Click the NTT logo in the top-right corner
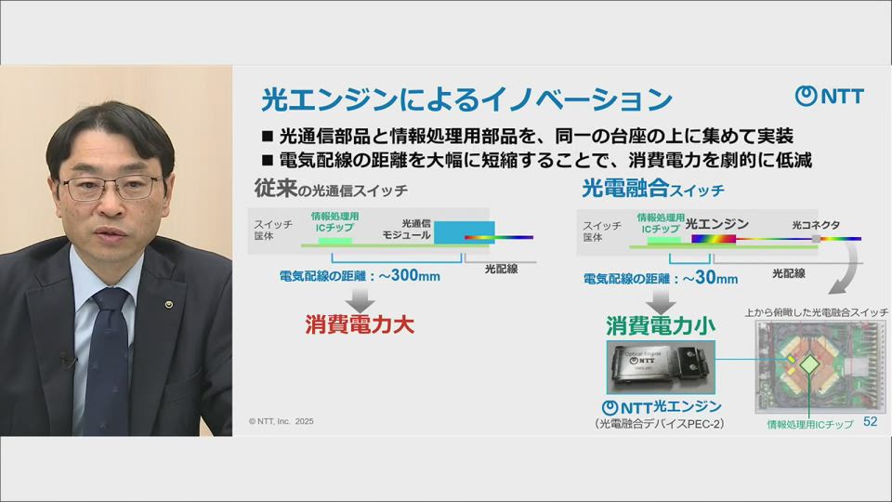tap(830, 96)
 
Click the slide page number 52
tap(871, 422)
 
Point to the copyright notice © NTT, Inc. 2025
tap(282, 421)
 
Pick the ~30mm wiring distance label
tap(661, 277)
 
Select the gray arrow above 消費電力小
tap(661, 299)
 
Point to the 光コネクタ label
tap(816, 225)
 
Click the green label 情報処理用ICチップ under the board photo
tap(809, 423)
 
